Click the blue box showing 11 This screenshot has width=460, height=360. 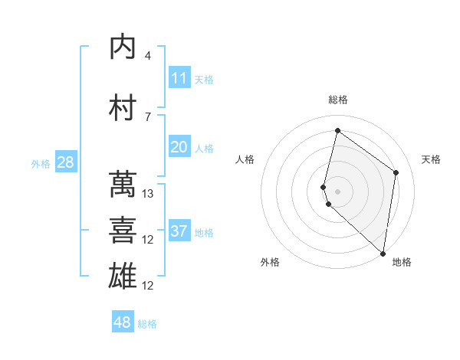179,78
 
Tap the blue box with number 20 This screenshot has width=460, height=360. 179,147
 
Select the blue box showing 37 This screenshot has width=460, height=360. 179,231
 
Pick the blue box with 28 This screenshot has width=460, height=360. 65,162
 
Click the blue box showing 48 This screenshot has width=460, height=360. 123,322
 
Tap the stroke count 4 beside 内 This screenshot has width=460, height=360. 148,56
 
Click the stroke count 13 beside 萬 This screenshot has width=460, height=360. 148,194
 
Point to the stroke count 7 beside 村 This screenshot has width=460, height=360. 148,116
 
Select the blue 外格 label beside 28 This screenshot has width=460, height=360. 41,163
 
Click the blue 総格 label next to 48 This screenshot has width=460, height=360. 147,324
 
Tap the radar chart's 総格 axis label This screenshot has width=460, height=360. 337,100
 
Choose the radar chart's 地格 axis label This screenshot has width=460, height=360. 402,262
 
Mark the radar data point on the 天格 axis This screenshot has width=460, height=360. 396,172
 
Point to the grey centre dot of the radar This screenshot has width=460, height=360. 337,191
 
